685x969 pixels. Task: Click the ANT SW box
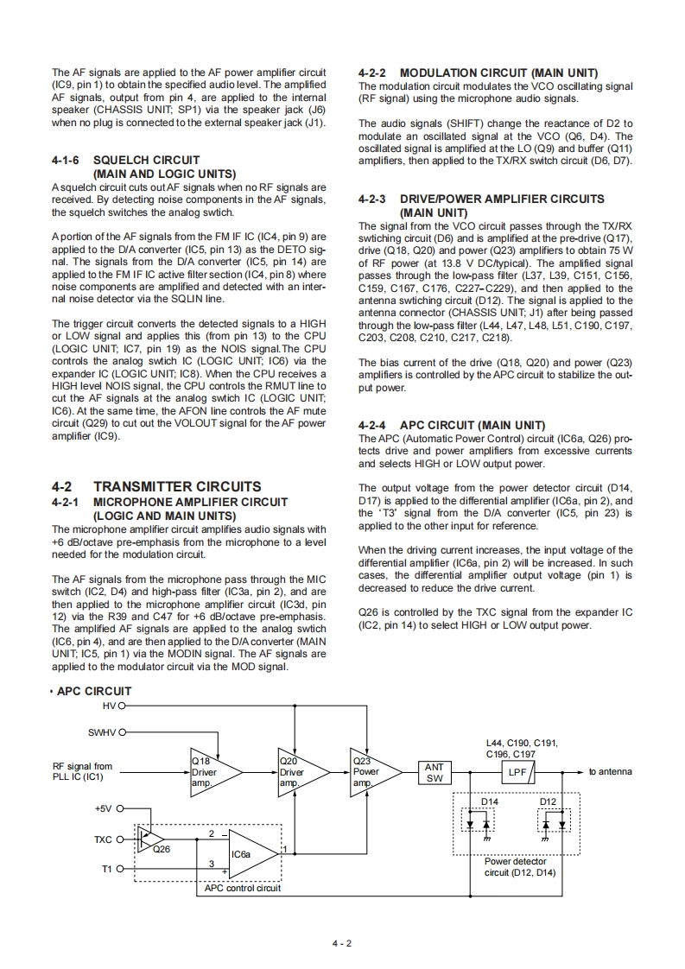[434, 772]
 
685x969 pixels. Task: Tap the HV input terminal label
[108, 706]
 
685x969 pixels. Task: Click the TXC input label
[103, 839]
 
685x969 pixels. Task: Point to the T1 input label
[107, 869]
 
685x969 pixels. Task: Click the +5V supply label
[103, 809]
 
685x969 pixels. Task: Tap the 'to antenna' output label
[609, 771]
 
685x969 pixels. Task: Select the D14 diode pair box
[491, 824]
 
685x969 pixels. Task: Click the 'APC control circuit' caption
[242, 887]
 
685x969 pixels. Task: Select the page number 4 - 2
[342, 943]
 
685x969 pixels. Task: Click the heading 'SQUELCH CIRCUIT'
[146, 160]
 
